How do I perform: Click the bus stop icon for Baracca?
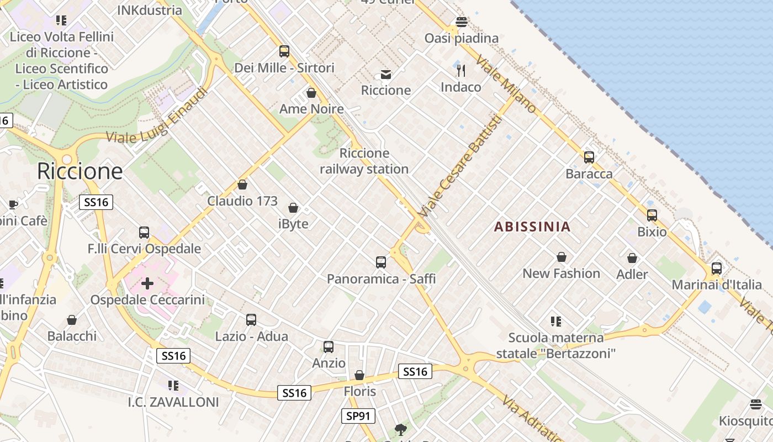pos(589,157)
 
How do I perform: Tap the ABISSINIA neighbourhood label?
pos(532,227)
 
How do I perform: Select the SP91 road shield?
pos(358,416)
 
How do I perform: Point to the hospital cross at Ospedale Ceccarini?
pos(147,283)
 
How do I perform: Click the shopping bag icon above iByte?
pos(293,208)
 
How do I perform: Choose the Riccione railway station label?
pos(364,161)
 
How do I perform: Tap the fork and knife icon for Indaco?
pos(461,71)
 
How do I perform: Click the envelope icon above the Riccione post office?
pos(386,74)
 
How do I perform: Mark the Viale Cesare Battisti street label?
pos(459,166)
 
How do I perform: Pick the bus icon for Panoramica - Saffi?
pos(380,262)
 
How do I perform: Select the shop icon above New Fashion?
pos(561,257)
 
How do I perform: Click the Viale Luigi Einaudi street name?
pos(157,115)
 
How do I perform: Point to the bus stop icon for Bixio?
pos(652,215)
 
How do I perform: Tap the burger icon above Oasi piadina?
pos(462,22)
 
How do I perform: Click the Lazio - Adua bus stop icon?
pos(251,320)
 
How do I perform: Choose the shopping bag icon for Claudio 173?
pos(242,185)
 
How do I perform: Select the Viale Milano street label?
pos(505,84)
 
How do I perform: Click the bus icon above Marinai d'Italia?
pos(716,269)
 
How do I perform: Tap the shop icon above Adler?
pos(632,258)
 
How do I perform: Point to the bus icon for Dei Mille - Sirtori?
pos(284,51)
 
